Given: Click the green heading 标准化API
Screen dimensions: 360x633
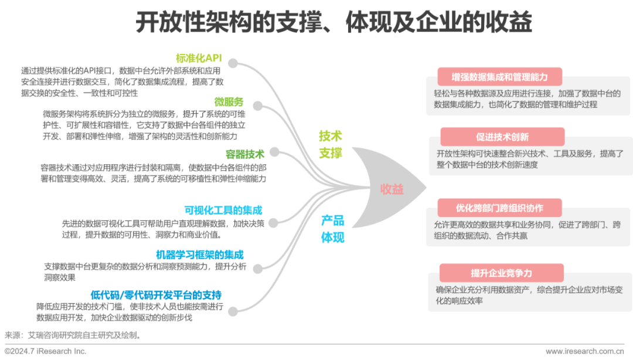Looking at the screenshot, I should click(199, 58).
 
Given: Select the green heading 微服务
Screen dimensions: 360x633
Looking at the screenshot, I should click(229, 101).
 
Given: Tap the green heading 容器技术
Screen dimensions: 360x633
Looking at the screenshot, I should click(245, 154).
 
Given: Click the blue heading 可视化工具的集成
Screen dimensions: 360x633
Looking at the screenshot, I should click(223, 210).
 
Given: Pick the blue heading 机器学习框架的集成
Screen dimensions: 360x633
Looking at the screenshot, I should click(199, 254).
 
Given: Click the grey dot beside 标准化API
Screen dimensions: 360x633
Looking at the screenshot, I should click(232, 63).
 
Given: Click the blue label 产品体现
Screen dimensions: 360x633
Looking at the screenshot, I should click(332, 229).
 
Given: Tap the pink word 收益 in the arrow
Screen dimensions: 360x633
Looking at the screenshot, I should click(392, 189).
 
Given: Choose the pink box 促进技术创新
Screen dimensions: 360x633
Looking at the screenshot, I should click(502, 137).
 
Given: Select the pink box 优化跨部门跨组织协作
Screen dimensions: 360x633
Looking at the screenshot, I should click(499, 208).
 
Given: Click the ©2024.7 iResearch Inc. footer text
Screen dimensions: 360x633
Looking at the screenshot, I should click(46, 351).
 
